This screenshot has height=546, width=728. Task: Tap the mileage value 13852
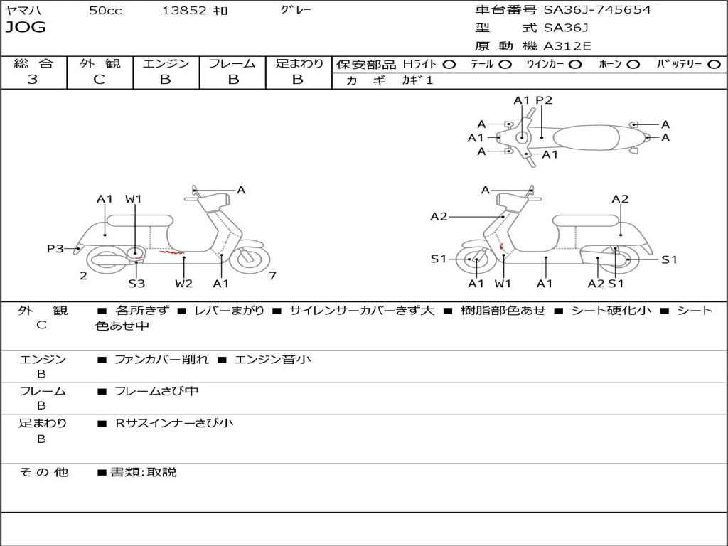point(184,11)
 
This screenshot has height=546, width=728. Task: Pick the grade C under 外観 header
point(99,80)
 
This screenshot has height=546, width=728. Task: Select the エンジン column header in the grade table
point(166,63)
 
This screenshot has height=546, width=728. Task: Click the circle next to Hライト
point(449,64)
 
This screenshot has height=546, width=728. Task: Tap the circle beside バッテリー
point(714,64)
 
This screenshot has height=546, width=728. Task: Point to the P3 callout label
point(55,248)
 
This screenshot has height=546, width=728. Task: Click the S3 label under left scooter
point(136,284)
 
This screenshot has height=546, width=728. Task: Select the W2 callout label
point(184,284)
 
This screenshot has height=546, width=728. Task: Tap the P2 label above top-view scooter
point(544,100)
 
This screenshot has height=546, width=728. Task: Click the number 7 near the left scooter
point(272,276)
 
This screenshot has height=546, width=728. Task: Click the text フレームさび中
point(156,391)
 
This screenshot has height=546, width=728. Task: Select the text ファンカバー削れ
point(161,360)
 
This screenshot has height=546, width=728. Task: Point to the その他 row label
point(43,472)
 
